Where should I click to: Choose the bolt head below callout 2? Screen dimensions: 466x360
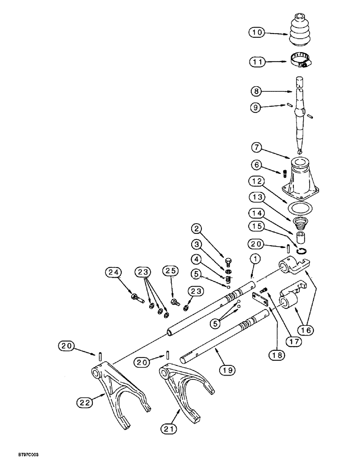point(228,261)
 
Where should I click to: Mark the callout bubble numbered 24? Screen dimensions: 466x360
point(112,272)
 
